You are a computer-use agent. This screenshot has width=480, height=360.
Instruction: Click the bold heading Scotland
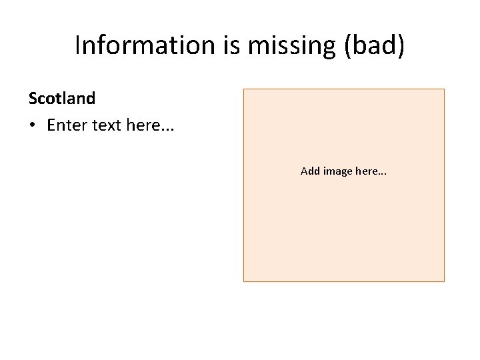[x=62, y=99]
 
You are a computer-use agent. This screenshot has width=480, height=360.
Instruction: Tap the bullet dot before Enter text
[x=33, y=127]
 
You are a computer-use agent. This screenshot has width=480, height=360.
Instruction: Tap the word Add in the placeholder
[x=310, y=171]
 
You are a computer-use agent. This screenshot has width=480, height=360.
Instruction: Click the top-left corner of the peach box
[x=243, y=89]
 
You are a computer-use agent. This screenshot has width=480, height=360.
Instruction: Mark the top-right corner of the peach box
[x=444, y=89]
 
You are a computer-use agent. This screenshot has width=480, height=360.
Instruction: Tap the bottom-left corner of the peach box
[x=243, y=281]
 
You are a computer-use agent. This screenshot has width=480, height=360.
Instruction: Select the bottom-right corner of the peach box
[x=444, y=281]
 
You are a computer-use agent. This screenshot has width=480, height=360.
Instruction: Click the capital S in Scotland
[x=33, y=99]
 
